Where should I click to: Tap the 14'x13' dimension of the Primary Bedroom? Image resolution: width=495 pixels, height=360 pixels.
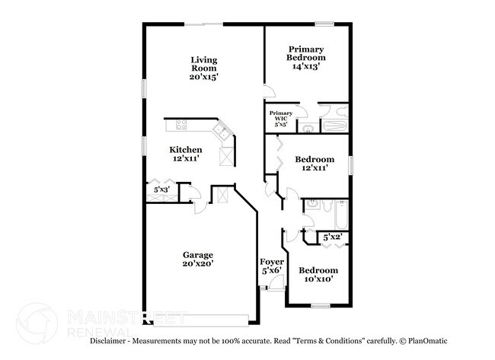pos(306,67)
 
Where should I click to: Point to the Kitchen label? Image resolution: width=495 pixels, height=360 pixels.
pos(185,150)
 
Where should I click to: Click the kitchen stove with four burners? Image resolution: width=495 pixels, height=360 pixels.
pos(182,124)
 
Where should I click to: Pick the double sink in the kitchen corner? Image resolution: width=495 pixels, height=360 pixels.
pos(223,131)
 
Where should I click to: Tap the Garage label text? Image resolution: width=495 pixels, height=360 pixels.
pos(197,255)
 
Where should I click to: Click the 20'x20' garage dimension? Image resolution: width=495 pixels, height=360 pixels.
pos(197,264)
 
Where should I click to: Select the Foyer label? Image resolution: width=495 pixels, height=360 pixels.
pos(272,262)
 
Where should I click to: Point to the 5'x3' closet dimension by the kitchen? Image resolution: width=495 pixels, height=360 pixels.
pos(161,189)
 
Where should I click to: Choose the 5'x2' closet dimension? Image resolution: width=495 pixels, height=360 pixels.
pos(331,238)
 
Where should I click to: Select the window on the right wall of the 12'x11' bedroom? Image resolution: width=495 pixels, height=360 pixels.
pos(351,164)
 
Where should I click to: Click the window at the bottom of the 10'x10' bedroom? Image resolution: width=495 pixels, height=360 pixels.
pos(320,306)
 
